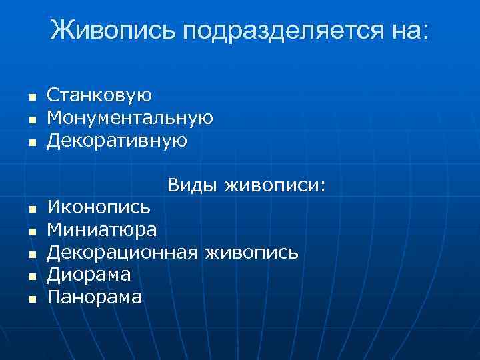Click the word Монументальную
click(130, 118)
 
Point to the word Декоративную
click(117, 141)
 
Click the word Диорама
click(89, 274)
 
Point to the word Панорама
click(94, 297)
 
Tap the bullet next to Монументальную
click(31, 120)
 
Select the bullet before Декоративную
click(31, 143)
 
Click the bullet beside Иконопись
click(31, 209)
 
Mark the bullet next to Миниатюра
click(31, 232)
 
